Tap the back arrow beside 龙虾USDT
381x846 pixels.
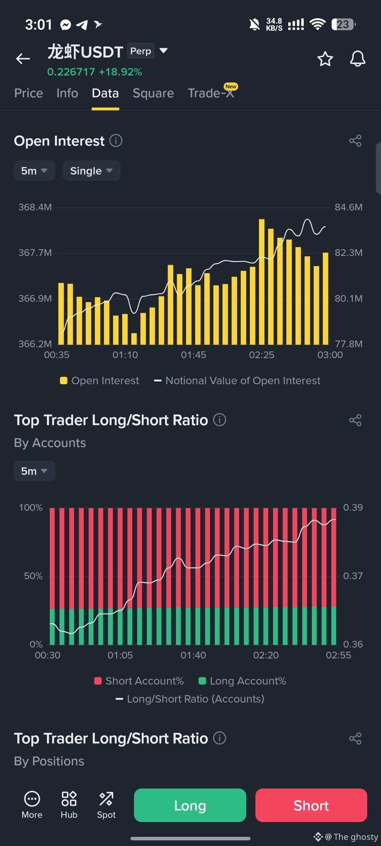[x=23, y=59]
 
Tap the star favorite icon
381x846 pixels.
[x=325, y=59]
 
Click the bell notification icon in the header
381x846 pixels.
[x=357, y=59]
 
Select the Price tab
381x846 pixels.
[x=29, y=93]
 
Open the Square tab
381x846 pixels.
[x=153, y=93]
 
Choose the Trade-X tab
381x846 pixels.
[x=211, y=93]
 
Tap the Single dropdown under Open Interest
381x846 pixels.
[x=92, y=171]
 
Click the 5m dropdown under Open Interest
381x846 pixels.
[x=34, y=171]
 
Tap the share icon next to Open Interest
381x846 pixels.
[x=355, y=141]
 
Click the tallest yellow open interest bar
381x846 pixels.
[x=261, y=282]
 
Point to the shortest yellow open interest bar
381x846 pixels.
[x=134, y=339]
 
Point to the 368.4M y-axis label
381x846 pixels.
[x=35, y=207]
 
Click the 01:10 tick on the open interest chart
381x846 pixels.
[x=125, y=355]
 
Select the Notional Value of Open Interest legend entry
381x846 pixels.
[x=237, y=381]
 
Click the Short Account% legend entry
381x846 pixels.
[x=139, y=681]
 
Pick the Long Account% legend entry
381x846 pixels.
[x=242, y=681]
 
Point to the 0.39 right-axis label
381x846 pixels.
[x=353, y=507]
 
